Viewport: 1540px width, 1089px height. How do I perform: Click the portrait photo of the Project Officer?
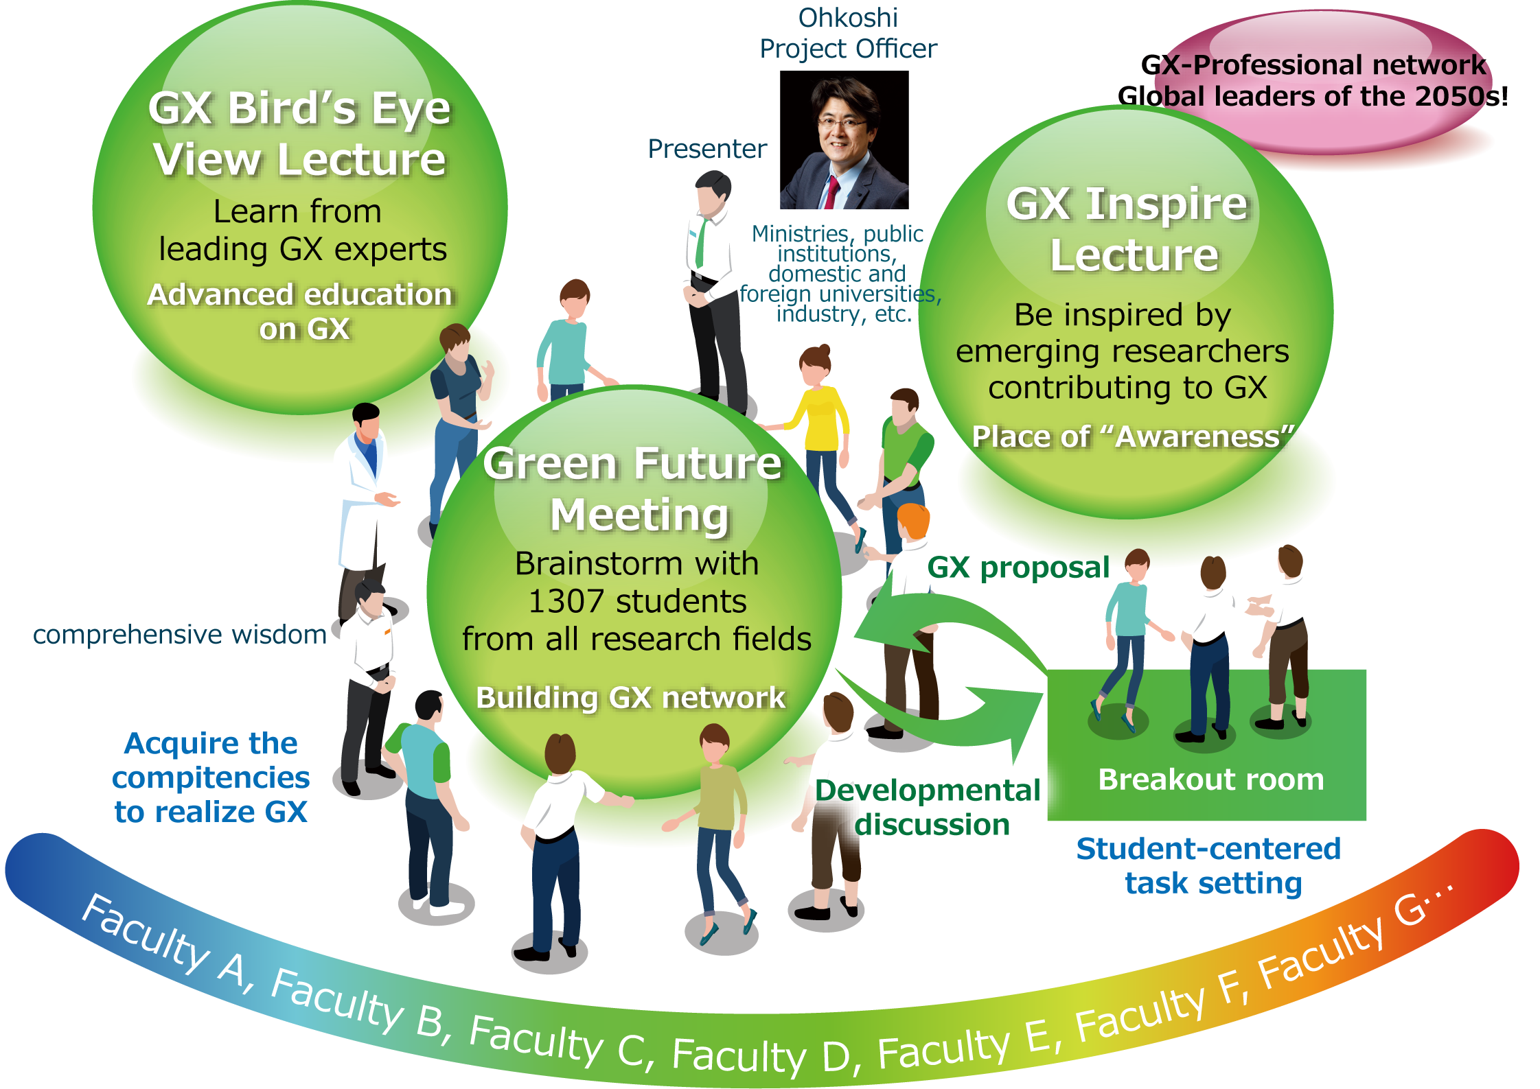pos(844,144)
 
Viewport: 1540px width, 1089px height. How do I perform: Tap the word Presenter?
pos(707,149)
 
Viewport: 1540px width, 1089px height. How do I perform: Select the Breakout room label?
pos(1211,780)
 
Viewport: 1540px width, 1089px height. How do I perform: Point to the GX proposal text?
pos(1018,567)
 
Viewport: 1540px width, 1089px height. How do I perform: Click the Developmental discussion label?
pos(928,807)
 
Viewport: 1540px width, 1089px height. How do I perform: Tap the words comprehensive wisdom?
pos(180,635)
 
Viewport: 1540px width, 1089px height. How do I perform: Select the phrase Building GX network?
pos(630,698)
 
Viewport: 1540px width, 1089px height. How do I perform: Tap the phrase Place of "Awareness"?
pos(1133,436)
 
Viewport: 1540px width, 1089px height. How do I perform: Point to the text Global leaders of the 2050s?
pos(1312,96)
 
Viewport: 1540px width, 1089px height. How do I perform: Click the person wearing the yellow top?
pos(820,419)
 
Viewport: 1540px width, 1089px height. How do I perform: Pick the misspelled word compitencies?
pos(211,778)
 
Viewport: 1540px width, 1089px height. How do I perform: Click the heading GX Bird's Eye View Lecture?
pos(300,134)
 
